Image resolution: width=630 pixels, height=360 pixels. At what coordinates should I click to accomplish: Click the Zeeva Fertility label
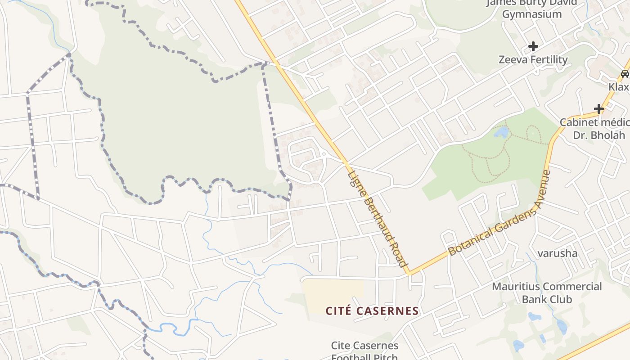click(533, 59)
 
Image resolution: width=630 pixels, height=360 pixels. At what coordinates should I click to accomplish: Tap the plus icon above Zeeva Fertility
click(533, 46)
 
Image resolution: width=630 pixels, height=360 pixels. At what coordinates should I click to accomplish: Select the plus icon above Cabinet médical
click(598, 108)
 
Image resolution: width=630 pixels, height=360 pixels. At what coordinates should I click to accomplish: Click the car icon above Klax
click(625, 73)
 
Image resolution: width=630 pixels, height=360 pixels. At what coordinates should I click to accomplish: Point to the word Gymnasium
click(532, 14)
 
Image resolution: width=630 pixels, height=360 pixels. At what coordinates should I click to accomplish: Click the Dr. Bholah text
click(598, 135)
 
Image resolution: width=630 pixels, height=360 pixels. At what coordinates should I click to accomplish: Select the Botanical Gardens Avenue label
click(500, 212)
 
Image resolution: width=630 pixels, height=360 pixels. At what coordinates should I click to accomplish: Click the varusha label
click(558, 253)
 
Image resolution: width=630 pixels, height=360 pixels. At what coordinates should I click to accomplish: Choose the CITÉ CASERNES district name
click(372, 311)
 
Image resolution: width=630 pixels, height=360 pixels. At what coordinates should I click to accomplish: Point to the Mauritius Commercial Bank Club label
click(547, 292)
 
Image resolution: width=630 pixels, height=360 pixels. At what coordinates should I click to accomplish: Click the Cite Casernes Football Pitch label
click(364, 351)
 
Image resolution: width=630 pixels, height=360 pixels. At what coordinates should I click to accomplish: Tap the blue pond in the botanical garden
click(501, 132)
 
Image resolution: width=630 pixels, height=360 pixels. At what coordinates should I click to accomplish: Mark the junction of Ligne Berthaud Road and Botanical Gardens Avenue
click(409, 273)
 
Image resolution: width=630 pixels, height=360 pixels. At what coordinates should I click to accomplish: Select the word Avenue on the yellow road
click(541, 189)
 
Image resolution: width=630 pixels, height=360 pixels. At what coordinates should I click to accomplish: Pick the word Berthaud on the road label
click(377, 215)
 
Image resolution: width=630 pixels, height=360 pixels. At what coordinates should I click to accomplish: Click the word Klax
click(619, 86)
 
